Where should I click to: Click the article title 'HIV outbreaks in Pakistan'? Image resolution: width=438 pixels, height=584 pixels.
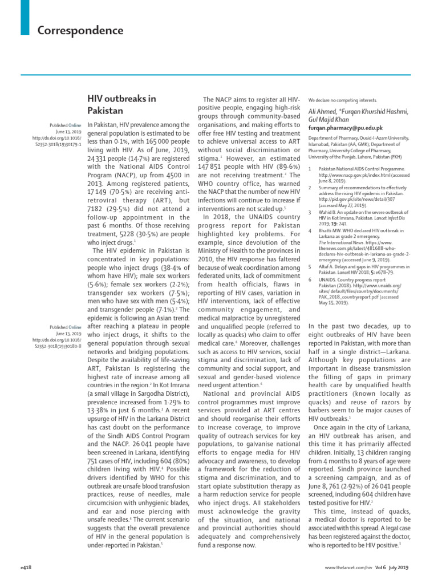pos(121,104)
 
